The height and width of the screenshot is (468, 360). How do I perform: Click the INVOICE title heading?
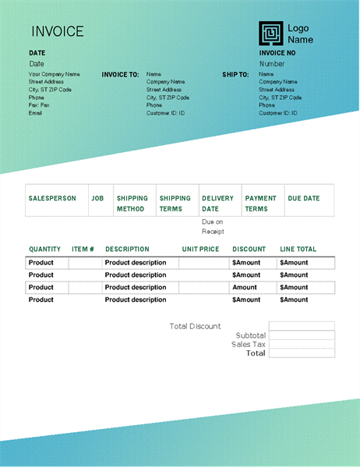coord(57,32)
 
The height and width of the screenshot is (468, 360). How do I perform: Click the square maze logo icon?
coord(271,34)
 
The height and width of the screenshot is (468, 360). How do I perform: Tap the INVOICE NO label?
coord(277,53)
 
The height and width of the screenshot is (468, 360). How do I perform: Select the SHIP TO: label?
coord(235,75)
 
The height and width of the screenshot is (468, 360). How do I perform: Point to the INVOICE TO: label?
coord(120,75)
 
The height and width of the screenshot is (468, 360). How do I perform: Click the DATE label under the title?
coord(37,53)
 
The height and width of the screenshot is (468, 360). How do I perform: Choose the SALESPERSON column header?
coord(52,198)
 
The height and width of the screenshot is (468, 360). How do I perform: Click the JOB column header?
coord(97,198)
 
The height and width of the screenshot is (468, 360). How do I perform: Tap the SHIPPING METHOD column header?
coord(132,204)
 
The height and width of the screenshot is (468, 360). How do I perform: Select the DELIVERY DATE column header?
coord(217,204)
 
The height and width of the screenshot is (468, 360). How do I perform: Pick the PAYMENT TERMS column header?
coord(261,204)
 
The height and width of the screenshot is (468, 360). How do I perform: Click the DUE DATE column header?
coord(304,198)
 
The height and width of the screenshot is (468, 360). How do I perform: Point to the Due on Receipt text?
coord(213,226)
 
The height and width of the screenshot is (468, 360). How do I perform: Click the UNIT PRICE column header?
coord(201,250)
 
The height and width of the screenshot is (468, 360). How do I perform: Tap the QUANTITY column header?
coord(44,250)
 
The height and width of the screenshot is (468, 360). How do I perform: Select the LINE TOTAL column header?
coord(298,250)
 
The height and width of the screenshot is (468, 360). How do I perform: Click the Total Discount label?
coord(195,326)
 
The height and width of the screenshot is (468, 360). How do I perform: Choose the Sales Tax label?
coord(249,344)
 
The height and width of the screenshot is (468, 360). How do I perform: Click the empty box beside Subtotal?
coord(302,335)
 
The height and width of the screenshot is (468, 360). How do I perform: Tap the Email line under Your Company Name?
coord(35,113)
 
